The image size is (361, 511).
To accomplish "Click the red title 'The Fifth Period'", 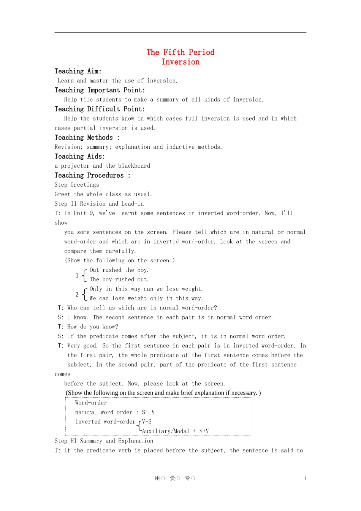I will point(180,52).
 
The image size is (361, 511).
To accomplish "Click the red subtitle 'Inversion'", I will point(180,62).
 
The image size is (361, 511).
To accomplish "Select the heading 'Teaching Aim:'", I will point(78,71).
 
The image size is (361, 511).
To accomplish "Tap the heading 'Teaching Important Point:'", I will point(100,90).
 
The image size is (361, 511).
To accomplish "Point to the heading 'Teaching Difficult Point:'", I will point(100,109).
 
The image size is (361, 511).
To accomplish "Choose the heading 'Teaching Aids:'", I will point(80,156).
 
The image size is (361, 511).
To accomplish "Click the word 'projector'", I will point(75,166).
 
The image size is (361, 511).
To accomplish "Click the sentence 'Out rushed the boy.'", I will point(119,270).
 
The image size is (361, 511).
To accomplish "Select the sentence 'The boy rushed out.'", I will point(119,279).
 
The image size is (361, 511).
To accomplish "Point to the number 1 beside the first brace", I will point(77,275).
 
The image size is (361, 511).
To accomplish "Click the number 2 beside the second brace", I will point(77,294).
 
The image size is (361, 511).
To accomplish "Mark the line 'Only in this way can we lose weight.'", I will point(146,289).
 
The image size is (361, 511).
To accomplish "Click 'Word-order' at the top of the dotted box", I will point(91,403).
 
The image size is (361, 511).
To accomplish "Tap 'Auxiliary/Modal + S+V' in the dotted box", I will point(175,431).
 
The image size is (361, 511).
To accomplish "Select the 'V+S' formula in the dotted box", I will point(147,422).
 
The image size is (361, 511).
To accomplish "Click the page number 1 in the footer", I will point(305,479).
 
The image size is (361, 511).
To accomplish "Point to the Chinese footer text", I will point(175,478).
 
